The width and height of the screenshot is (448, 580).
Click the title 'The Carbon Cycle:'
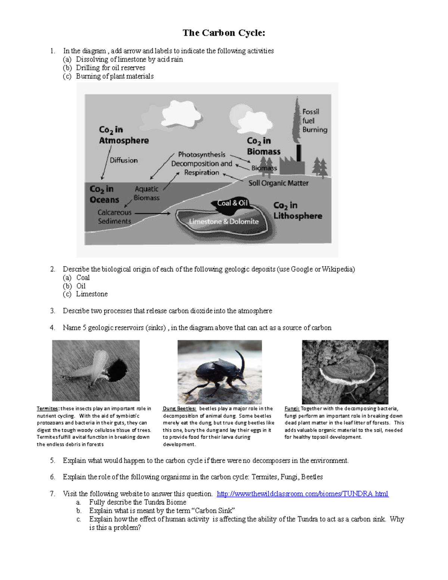(224, 33)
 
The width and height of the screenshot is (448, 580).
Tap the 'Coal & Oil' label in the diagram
(233, 203)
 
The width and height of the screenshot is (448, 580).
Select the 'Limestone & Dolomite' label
(224, 221)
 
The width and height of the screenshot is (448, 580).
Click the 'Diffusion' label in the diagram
(124, 160)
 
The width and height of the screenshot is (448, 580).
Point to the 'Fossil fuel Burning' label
(314, 121)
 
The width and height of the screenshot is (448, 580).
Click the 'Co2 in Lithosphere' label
(297, 211)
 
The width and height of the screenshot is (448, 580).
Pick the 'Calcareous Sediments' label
(114, 217)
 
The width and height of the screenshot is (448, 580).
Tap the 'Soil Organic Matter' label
(278, 183)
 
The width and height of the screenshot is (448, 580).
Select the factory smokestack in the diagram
(298, 153)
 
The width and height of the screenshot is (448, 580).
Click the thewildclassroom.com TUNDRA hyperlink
(302, 494)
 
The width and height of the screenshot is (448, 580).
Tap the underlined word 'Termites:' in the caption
(47, 409)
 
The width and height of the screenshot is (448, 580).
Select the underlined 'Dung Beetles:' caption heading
(179, 409)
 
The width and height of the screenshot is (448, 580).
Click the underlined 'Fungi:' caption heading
(292, 409)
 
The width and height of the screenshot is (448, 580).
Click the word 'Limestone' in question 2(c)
(92, 294)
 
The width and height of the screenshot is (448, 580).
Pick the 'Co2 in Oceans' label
(104, 194)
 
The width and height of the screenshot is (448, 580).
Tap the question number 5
(53, 460)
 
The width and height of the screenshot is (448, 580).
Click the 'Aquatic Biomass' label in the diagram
(146, 193)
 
